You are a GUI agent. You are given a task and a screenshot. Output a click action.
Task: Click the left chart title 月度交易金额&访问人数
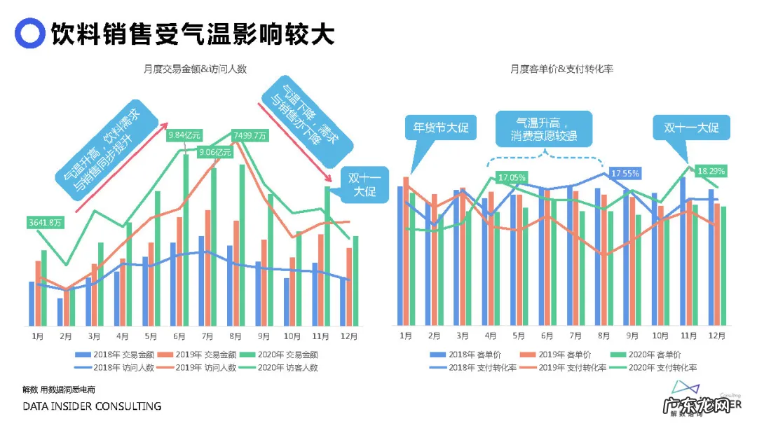tap(195, 69)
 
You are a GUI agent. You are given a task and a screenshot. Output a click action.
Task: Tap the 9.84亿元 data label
tap(184, 134)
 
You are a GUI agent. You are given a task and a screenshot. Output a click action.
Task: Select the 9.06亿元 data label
tap(215, 152)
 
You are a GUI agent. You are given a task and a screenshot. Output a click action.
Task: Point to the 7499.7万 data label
tap(250, 135)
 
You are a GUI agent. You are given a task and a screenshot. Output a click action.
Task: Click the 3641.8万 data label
tap(45, 223)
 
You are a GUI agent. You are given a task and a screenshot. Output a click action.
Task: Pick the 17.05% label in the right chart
tap(511, 177)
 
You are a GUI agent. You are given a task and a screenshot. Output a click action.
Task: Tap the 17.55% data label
tap(624, 173)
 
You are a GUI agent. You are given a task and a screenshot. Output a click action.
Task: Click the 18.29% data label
tap(711, 170)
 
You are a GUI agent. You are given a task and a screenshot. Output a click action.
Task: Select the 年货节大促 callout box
tap(440, 129)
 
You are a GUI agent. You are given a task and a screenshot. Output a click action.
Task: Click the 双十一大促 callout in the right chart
tap(691, 129)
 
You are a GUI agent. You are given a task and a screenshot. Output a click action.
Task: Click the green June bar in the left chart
tap(186, 240)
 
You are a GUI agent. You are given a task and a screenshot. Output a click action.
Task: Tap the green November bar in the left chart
tap(327, 256)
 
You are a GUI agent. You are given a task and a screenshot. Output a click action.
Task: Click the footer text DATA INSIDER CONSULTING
tap(92, 406)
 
